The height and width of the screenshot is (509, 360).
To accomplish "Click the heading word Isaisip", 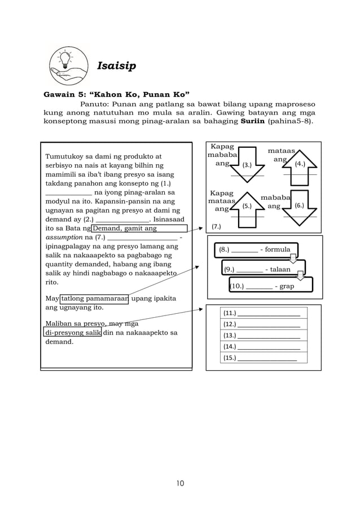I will pyautogui.click(x=116, y=67).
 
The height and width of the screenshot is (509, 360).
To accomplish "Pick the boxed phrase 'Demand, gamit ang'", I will pyautogui.click(x=139, y=229).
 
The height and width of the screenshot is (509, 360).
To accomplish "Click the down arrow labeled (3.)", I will pyautogui.click(x=247, y=165).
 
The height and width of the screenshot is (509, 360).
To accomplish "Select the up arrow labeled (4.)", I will pyautogui.click(x=300, y=165).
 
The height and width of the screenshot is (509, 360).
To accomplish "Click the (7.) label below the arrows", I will pyautogui.click(x=217, y=227).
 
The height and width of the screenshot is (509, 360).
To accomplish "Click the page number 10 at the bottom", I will pyautogui.click(x=179, y=483).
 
